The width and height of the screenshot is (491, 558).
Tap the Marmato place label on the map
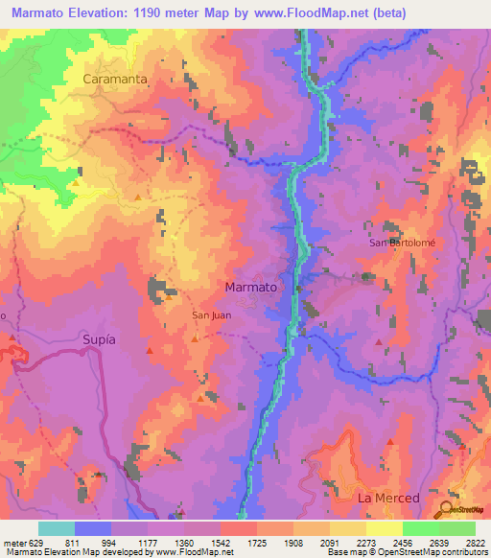click(249, 287)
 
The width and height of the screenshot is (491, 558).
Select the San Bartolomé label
click(403, 243)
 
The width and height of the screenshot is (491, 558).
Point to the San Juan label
click(210, 314)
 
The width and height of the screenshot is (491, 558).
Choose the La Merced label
click(388, 499)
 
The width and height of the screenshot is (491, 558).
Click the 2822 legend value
click(475, 542)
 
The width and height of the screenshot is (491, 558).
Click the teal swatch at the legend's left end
click(57, 528)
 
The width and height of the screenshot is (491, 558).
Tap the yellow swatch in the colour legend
click(384, 528)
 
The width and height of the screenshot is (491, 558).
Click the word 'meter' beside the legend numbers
click(14, 542)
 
